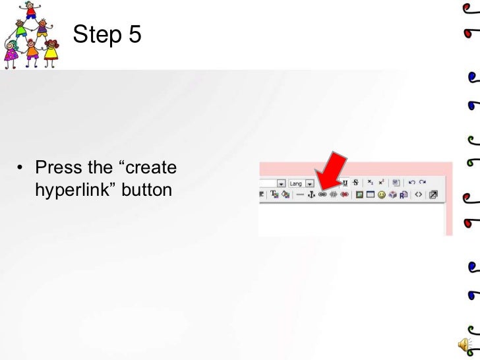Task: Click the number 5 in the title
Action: coord(134,34)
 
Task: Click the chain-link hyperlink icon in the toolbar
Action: coord(322,195)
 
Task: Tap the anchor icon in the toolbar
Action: coord(311,195)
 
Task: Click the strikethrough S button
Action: coord(355,182)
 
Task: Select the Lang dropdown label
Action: coord(295,183)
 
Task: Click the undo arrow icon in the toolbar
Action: coord(412,182)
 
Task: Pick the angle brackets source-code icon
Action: coord(419,195)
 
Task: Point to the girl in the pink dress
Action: coord(11,55)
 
